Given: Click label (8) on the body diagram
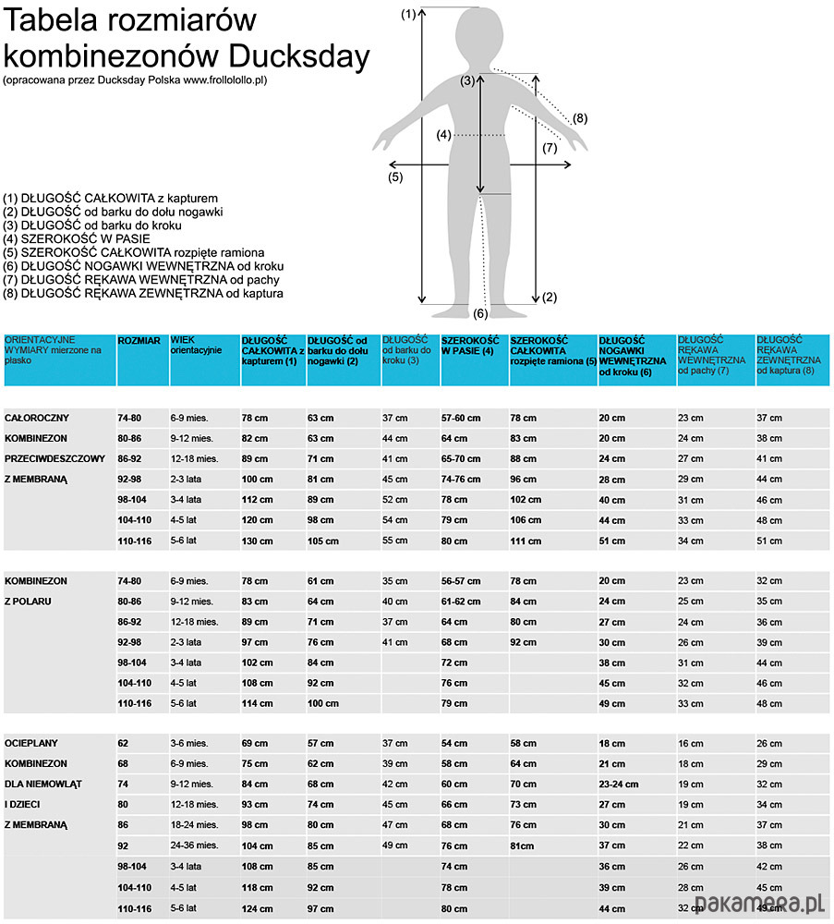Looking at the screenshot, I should click(580, 118).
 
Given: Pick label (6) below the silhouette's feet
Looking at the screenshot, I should click(480, 313).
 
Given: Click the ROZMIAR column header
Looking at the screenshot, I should click(139, 341).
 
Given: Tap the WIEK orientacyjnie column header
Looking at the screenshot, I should click(196, 346).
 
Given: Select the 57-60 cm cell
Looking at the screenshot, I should click(461, 418).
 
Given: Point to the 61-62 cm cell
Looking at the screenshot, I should click(461, 602).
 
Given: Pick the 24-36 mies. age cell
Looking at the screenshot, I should click(194, 845).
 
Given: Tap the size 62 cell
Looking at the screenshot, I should click(124, 743).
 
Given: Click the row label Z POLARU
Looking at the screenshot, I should click(30, 602).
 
